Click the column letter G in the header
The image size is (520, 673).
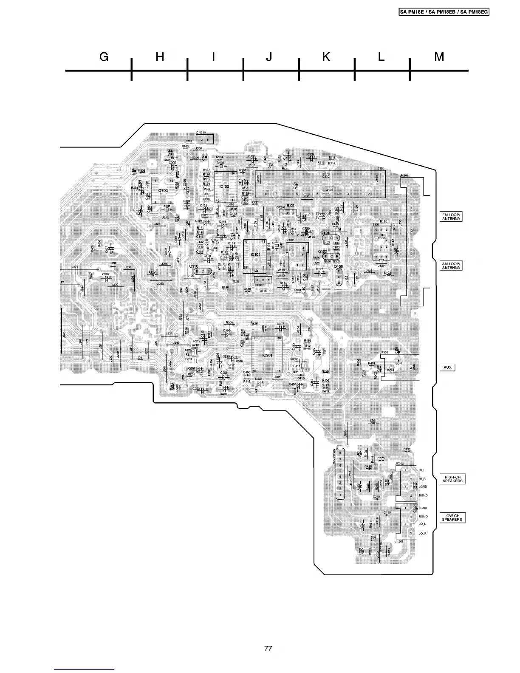click(104, 57)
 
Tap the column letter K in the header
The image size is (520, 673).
click(326, 57)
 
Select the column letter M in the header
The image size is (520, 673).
click(439, 57)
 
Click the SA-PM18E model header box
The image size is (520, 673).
click(444, 12)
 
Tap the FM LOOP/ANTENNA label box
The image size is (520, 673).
click(450, 217)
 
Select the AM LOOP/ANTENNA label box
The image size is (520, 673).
click(450, 266)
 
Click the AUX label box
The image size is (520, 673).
click(447, 367)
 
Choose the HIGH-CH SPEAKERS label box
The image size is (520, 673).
click(452, 479)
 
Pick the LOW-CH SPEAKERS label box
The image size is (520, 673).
click(452, 517)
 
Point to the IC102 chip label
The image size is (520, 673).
click(225, 187)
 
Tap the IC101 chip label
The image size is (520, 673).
click(255, 254)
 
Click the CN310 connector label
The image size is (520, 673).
click(201, 132)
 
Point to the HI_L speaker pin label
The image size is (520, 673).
click(421, 470)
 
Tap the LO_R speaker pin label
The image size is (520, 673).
click(422, 533)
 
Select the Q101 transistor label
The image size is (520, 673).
click(325, 233)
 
